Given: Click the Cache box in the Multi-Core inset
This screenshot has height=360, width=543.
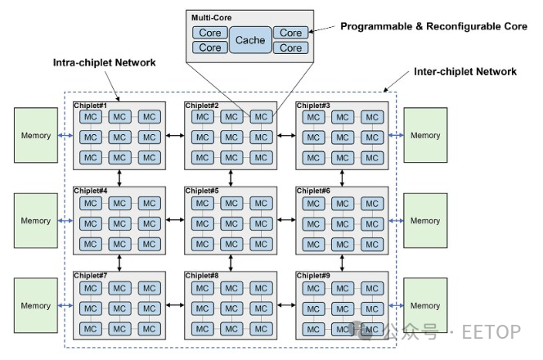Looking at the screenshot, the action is tap(250, 40).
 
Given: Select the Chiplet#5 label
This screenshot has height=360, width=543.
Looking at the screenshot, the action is tap(202, 191).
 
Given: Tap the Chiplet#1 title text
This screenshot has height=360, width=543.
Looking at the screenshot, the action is tap(91, 106).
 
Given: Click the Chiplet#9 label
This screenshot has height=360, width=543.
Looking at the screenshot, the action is tap(313, 276).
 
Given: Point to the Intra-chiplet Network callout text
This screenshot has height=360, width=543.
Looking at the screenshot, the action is tap(104, 63).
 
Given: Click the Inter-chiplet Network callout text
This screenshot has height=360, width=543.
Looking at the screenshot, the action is tap(465, 72).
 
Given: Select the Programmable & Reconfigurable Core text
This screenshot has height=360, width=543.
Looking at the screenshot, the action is tap(433, 26).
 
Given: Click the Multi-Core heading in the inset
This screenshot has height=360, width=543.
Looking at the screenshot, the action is tap(211, 18).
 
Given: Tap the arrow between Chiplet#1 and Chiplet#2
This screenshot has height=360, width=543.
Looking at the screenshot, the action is tap(175, 135).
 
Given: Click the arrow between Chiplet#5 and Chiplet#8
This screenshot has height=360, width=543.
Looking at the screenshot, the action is tap(231, 263).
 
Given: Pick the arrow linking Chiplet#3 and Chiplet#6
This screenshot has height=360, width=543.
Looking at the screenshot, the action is tap(342, 178).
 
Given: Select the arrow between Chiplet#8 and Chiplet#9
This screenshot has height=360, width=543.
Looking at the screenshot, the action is tap(286, 305).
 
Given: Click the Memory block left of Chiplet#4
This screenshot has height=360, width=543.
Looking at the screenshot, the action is tap(36, 221).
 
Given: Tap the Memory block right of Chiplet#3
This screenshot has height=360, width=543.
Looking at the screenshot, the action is tap(425, 135).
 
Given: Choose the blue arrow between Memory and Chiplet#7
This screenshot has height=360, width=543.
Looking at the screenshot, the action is tap(65, 306).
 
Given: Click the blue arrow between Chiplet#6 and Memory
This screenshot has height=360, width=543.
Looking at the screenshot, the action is tap(396, 221).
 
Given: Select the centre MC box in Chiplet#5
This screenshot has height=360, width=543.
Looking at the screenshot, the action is tap(231, 224).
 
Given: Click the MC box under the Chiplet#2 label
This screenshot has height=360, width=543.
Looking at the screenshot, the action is tap(202, 117).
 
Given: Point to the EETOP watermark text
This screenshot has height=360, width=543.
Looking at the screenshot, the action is tap(491, 332).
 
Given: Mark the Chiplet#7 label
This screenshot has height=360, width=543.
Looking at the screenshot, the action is tap(91, 276).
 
